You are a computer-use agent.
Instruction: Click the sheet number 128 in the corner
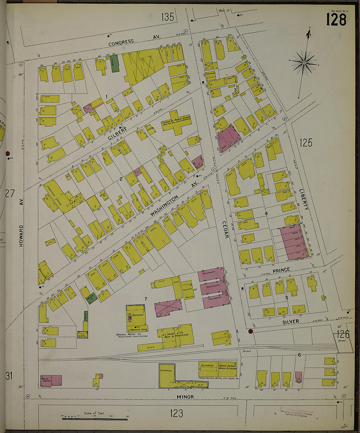[x=336, y=20]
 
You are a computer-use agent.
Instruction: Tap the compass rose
[x=304, y=62]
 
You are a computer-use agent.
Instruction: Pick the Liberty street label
[x=304, y=199]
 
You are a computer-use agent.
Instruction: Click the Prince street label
[x=281, y=270]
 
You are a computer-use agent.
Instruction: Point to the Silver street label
[x=291, y=322]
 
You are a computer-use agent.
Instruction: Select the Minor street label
[x=185, y=397]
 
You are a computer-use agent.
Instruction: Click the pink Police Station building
[x=51, y=381]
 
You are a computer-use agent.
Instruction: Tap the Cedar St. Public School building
[x=177, y=123]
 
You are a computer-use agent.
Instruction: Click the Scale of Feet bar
[x=95, y=418]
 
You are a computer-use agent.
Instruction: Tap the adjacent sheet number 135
[x=167, y=17]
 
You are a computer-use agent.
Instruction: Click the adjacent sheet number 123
[x=176, y=413]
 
